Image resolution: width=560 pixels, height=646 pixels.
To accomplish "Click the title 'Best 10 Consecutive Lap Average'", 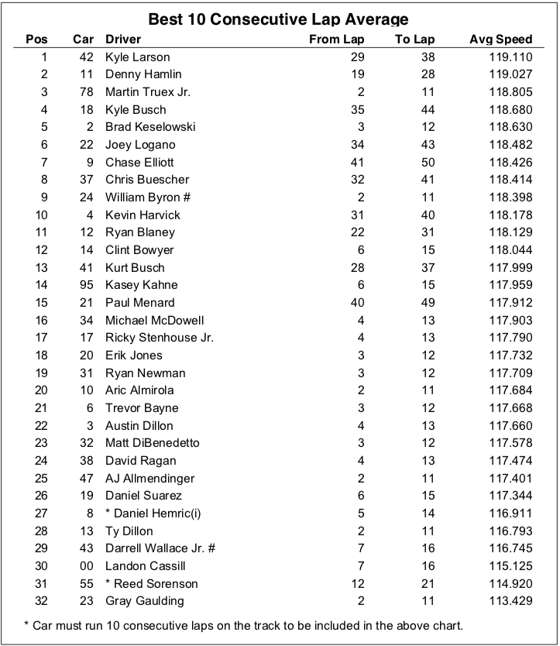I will pos(278,19).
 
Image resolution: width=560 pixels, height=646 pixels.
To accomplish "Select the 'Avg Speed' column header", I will pos(500,40).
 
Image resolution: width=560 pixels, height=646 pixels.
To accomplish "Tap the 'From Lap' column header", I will pos(336,40).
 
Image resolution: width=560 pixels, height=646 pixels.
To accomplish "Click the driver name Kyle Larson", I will pos(138,57).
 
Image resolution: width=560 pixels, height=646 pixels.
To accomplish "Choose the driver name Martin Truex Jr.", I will pos(148,92).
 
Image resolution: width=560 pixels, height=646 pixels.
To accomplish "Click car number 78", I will pos(86,92).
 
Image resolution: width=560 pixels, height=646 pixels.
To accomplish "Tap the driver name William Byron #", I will pos(148,198).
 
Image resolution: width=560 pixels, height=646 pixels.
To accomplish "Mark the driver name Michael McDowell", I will pos(150,320).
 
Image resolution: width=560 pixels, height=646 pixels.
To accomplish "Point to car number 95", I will pos(86,285).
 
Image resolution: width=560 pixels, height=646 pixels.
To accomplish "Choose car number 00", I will pos(86,566).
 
